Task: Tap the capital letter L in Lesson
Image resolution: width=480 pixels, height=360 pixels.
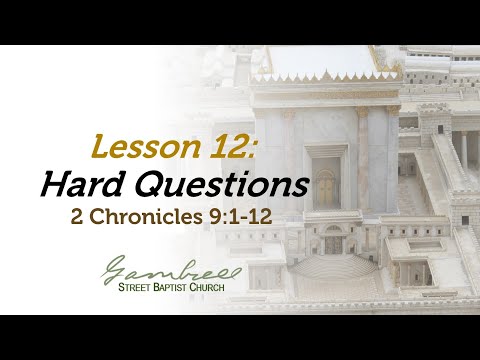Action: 99,147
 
